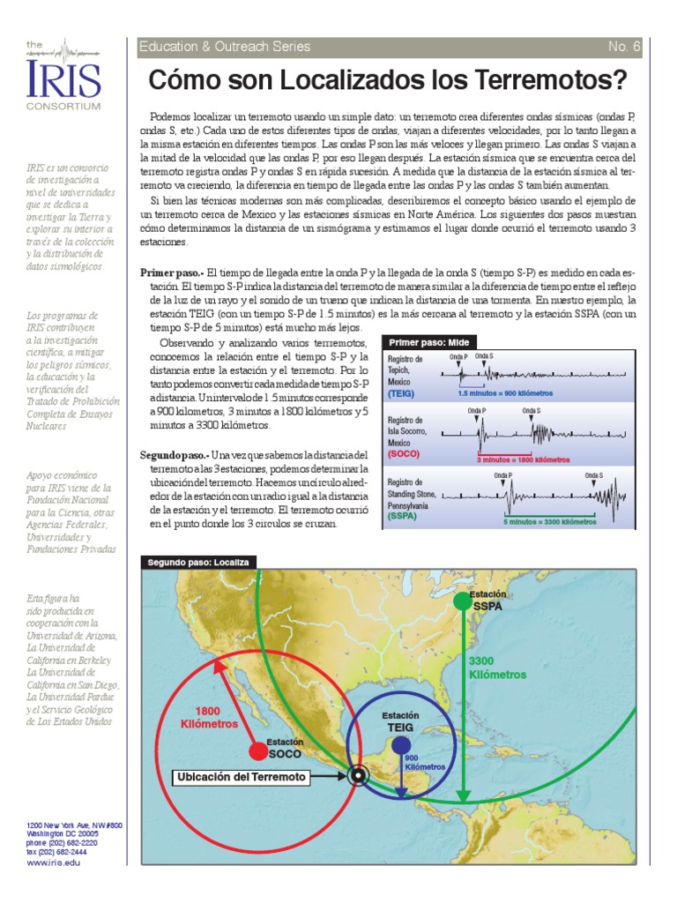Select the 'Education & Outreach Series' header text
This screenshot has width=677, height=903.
tap(225, 47)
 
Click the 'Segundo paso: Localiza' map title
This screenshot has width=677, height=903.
tap(199, 562)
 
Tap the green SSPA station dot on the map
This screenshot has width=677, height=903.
tap(462, 601)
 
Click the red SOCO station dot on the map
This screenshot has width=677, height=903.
tap(257, 750)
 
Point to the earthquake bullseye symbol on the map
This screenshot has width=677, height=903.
tap(357, 777)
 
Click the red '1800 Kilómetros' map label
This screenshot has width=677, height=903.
tap(209, 718)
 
